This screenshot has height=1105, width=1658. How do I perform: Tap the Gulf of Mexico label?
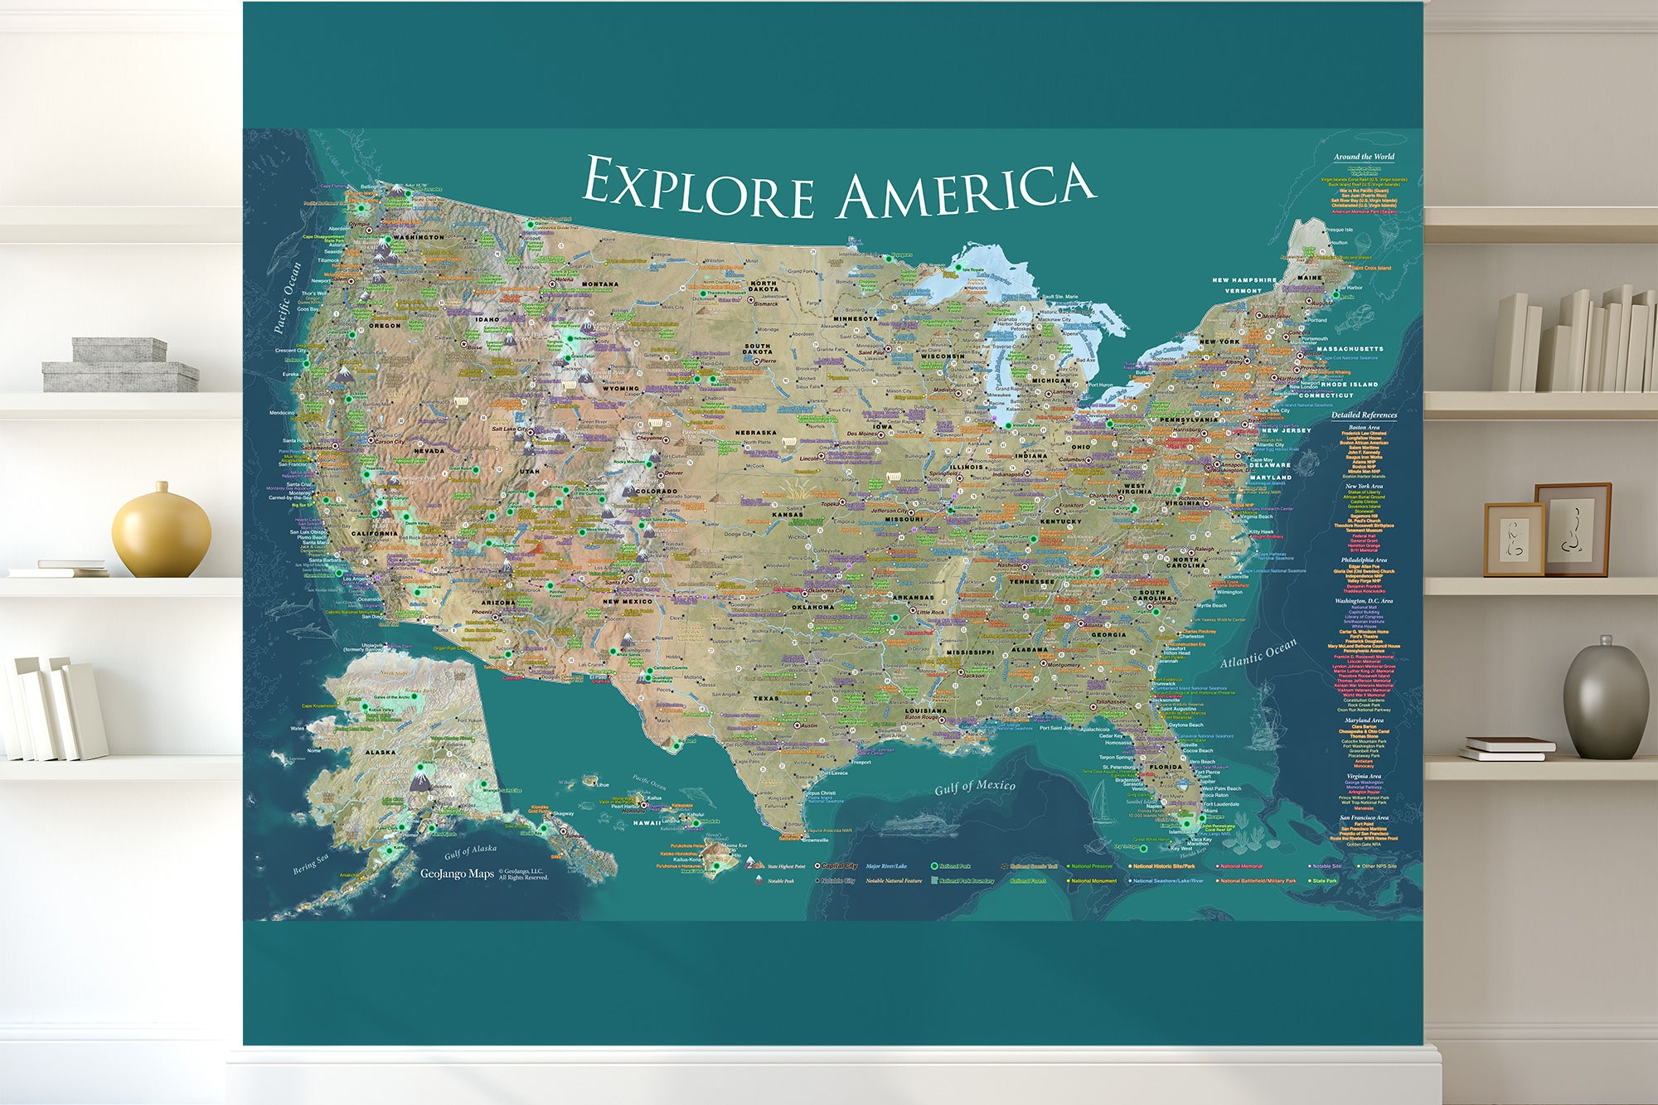click(975, 786)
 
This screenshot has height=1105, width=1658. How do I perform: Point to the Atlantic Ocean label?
click(1258, 653)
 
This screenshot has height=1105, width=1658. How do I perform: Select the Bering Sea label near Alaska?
click(311, 864)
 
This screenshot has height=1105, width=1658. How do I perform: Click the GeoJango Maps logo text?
click(457, 874)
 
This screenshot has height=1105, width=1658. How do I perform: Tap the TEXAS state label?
click(765, 698)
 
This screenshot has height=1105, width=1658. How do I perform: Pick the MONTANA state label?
click(599, 284)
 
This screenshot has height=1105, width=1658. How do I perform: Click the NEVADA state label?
click(429, 451)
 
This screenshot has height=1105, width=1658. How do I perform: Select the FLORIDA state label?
click(1166, 767)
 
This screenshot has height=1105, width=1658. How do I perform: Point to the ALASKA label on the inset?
click(381, 753)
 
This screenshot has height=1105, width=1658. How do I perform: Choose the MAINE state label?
click(1310, 278)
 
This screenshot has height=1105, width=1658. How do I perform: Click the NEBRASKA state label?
click(755, 433)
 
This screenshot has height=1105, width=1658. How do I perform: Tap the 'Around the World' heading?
click(1364, 156)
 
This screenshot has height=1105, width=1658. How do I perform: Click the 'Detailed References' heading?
click(1364, 414)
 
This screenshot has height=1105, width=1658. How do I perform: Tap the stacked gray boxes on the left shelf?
click(120, 365)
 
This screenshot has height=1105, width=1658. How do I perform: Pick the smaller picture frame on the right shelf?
click(1514, 540)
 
